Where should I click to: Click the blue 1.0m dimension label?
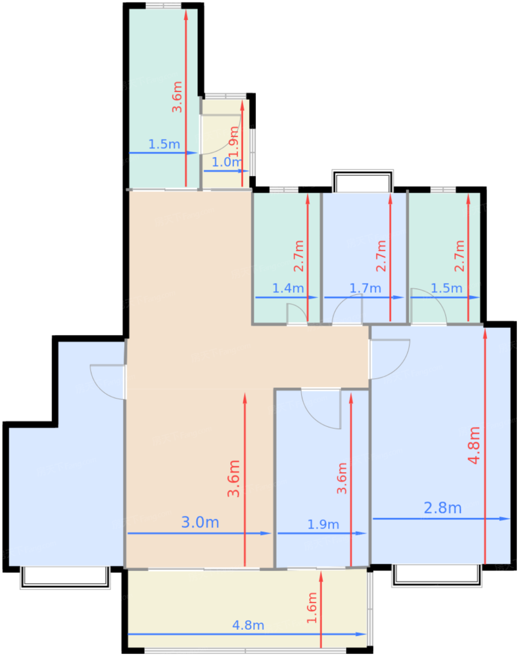[x=226, y=162]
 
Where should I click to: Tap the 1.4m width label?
[x=288, y=288]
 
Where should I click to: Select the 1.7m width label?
[x=365, y=288]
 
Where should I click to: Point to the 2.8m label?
[x=443, y=508]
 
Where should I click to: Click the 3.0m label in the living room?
[x=200, y=522]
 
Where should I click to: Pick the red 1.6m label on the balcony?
[x=312, y=608]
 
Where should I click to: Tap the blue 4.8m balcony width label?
[x=248, y=625]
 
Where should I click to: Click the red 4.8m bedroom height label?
[x=474, y=445]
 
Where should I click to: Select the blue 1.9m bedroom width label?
[x=323, y=524]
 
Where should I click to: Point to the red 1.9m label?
[x=233, y=142]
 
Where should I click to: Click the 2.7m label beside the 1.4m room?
[x=299, y=256]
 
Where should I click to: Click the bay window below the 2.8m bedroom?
[x=436, y=575]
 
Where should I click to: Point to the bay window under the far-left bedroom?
[x=65, y=577]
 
